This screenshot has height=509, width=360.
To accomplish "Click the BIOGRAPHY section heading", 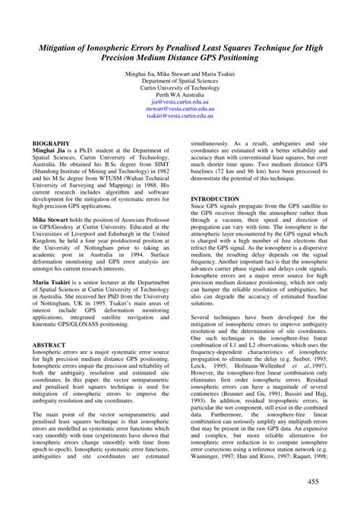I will tap(51, 143).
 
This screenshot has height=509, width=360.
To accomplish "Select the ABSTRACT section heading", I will tap(49, 345).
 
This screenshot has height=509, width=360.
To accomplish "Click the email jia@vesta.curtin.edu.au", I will tap(179, 101).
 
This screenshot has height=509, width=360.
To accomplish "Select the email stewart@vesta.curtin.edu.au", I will tap(179, 109).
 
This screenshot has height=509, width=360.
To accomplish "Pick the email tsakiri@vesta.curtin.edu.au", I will tap(179, 116).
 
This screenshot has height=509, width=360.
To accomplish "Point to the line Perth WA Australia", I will tap(179, 93).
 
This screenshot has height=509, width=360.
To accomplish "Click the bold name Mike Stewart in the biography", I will tap(52, 219).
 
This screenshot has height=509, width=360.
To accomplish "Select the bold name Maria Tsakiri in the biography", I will tap(53, 283).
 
